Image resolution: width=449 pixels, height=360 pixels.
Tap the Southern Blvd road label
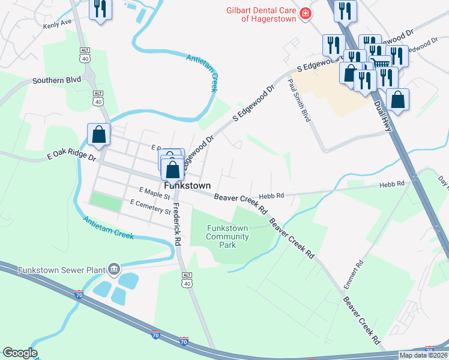pos(56,80)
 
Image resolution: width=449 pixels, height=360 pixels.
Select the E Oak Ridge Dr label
pos(71,157)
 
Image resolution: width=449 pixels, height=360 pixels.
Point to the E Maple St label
pos(155,193)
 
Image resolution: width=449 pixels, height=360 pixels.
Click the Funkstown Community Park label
pos(228,236)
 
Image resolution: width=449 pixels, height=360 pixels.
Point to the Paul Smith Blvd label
pos(298,100)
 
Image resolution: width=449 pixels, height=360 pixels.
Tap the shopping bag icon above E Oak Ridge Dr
pos(99,135)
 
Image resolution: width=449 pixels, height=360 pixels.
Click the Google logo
pos(20,353)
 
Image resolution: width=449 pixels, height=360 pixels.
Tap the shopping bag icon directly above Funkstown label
pos(173,169)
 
